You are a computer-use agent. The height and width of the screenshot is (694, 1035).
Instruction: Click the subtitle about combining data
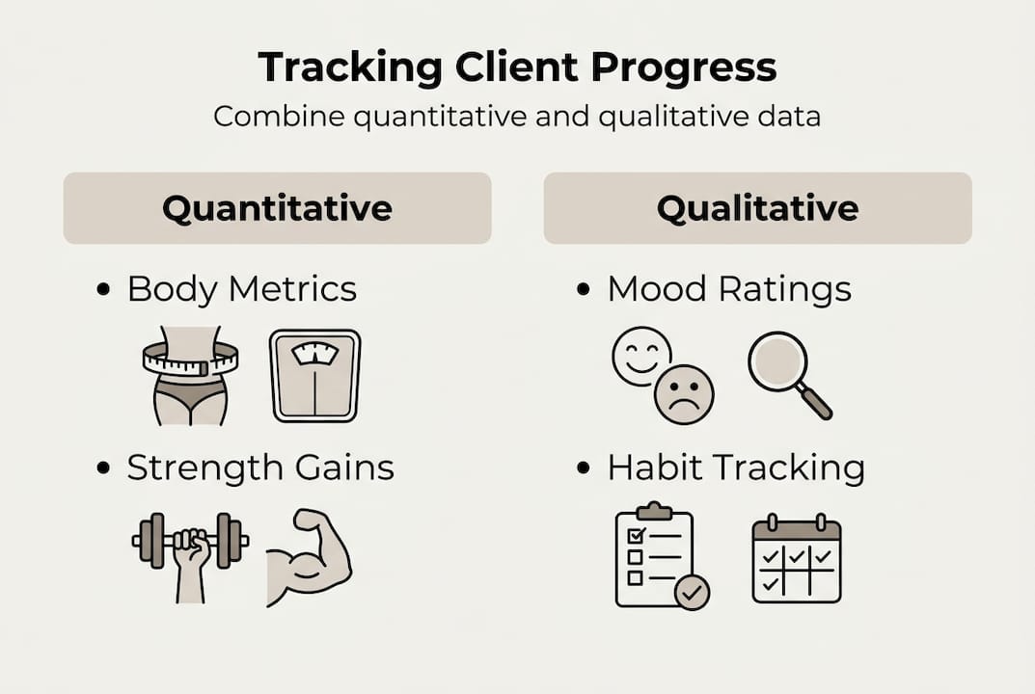pyautogui.click(x=517, y=117)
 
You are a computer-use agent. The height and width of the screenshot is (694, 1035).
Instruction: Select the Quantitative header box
pyautogui.click(x=277, y=208)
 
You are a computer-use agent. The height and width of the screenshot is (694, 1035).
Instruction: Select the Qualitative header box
pyautogui.click(x=757, y=208)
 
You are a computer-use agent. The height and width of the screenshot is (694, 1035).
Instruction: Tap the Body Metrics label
pyautogui.click(x=241, y=289)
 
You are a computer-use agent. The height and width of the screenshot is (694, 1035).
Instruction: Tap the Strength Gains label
pyautogui.click(x=260, y=467)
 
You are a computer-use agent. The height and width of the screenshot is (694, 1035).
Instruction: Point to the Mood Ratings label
pyautogui.click(x=728, y=289)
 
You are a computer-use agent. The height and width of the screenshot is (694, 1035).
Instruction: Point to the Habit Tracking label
pyautogui.click(x=735, y=467)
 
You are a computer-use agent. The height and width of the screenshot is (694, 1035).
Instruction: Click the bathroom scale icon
pyautogui.click(x=314, y=375)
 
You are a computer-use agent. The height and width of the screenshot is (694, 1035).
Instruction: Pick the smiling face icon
pyautogui.click(x=641, y=356)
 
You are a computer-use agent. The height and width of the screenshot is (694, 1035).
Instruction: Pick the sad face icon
pyautogui.click(x=684, y=394)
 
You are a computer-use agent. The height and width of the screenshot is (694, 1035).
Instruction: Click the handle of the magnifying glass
pyautogui.click(x=816, y=402)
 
